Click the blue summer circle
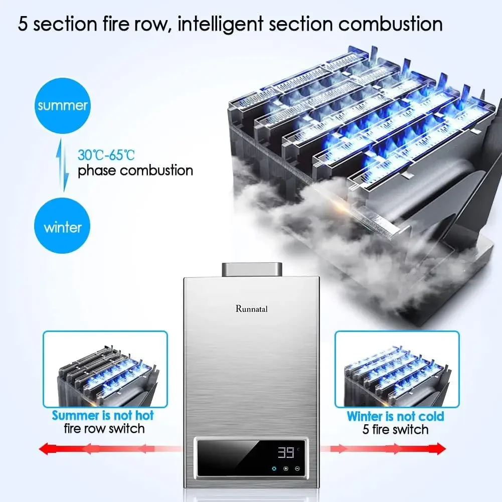63,105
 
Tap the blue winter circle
63,227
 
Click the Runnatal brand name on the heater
251,308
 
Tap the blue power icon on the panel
274,468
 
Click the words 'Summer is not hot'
103,415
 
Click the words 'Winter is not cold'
396,416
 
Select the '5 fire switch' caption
396,429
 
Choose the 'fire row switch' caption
104,429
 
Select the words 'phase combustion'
135,171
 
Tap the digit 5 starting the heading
23,24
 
